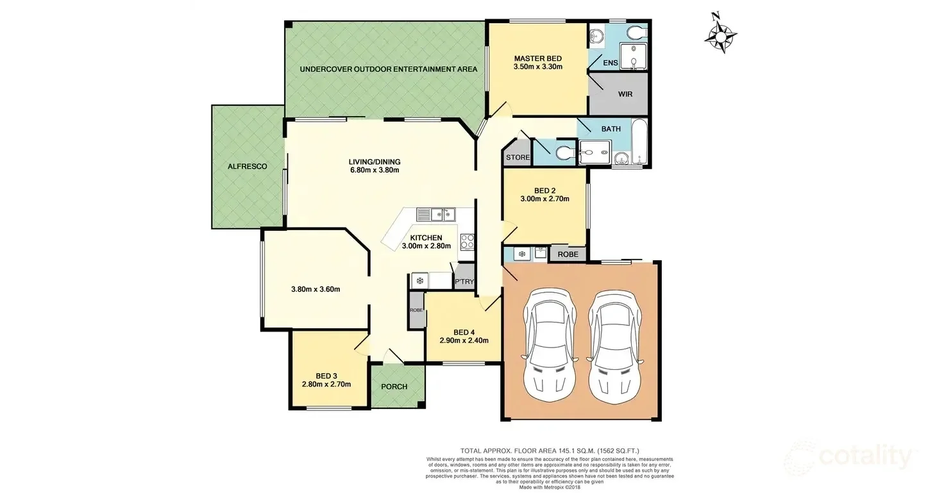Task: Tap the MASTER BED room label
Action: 538,58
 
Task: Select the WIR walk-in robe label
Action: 625,94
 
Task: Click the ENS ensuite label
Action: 610,63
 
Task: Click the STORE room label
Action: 518,157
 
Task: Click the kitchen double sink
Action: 435,213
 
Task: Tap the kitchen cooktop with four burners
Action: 468,242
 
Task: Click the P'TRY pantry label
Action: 463,282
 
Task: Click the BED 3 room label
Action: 326,376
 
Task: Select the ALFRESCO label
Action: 248,166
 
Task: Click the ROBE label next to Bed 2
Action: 568,255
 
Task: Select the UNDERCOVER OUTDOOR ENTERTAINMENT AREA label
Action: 388,69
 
